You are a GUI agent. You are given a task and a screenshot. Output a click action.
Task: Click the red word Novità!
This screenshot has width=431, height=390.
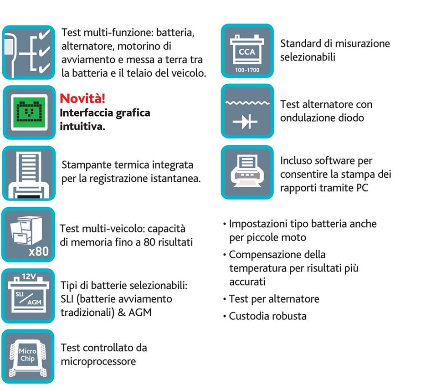point(82,98)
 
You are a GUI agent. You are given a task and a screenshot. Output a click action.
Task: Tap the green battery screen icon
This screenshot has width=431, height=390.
point(29,113)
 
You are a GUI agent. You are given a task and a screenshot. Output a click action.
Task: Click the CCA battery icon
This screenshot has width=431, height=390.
point(247,51)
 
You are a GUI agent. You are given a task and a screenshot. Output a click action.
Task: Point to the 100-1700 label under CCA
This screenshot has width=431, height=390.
point(247,70)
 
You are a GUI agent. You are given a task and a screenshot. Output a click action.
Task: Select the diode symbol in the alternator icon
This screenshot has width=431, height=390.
point(245,122)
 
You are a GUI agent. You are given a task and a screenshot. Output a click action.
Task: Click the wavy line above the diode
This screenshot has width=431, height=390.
point(247,103)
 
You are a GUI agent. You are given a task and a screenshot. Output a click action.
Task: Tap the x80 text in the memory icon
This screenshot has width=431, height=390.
point(38,251)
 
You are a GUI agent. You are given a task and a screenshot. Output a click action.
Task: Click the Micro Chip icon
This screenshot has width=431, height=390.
point(28,356)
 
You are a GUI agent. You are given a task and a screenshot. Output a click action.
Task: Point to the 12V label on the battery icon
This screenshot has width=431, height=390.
point(29,276)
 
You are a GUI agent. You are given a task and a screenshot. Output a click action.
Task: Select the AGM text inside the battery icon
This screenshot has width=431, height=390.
point(34,302)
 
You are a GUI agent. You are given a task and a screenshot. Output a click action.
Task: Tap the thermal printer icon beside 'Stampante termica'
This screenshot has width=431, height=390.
point(29,173)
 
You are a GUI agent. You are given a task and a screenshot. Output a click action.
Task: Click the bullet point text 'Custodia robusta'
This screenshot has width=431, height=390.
point(267,316)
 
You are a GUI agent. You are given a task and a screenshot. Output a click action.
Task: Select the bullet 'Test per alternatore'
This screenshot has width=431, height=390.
point(274,299)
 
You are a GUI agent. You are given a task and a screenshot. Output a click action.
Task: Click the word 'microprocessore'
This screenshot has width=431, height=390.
point(98,361)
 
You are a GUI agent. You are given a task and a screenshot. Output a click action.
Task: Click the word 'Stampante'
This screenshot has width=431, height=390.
point(87,165)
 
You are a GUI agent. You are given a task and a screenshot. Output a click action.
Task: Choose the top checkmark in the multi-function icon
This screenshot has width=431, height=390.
point(44,35)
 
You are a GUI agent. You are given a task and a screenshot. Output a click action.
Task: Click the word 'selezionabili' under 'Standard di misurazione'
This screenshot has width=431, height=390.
point(308,57)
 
